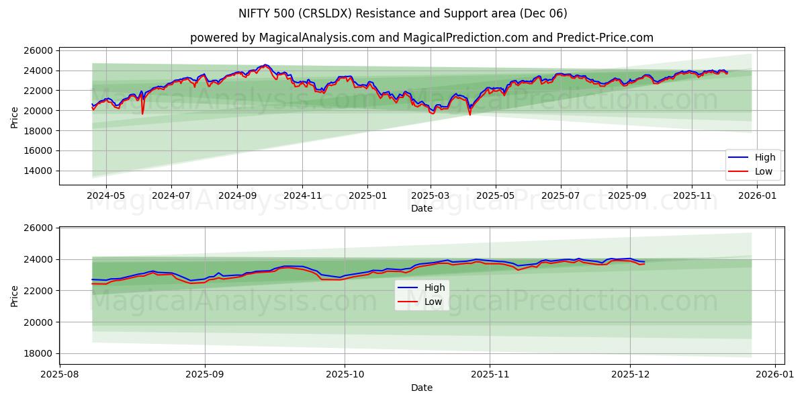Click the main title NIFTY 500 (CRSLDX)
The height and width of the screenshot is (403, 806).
pos(403,13)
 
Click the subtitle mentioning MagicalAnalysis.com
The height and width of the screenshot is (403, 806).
pos(421,38)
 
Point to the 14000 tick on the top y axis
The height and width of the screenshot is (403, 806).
pos(38,171)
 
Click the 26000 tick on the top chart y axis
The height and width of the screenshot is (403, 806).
pos(38,50)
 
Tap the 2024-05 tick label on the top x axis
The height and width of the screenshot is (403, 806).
pos(106,195)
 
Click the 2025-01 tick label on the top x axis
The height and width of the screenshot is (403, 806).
pos(367,195)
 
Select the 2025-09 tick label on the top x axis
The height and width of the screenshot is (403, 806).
pos(627,195)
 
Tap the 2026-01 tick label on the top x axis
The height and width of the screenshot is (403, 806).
pos(757,195)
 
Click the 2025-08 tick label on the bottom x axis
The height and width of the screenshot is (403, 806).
pos(60,373)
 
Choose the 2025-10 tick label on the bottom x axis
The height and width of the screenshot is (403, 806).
pos(345,373)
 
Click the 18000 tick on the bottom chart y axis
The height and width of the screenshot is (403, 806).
pos(38,353)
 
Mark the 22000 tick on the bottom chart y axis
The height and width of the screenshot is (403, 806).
pos(38,291)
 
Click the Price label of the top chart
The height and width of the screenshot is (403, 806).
pos(15,118)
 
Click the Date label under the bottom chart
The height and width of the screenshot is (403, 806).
pos(421,388)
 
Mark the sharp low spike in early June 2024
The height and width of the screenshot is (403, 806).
pos(142,113)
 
